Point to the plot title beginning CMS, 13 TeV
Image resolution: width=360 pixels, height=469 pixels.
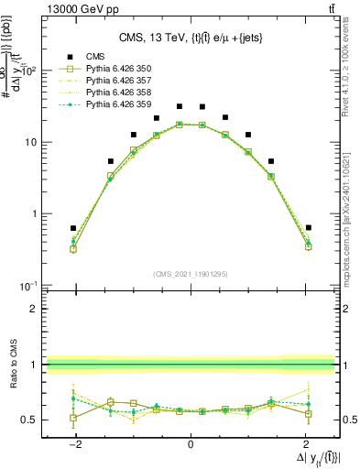190,38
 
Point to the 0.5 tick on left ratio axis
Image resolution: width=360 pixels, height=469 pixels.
29,420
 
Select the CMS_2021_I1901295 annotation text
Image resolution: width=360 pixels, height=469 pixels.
190,274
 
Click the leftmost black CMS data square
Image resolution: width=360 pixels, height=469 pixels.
73,228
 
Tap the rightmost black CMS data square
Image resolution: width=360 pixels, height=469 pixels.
309,227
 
